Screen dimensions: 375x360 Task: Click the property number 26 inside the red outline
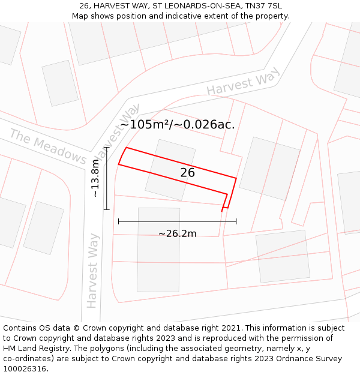(187, 173)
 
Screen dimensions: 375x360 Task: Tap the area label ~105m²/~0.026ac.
(177, 125)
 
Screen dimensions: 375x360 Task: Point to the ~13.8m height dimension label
(95, 178)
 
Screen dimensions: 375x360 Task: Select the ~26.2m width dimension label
(177, 233)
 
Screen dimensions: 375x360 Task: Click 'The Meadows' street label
(48, 145)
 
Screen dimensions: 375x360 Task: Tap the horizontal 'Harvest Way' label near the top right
(243, 82)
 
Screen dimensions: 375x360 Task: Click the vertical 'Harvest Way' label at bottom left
(92, 270)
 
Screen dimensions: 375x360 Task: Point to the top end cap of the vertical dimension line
(106, 147)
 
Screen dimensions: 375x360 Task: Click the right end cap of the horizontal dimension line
(236, 221)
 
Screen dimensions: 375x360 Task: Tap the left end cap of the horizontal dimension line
(119, 221)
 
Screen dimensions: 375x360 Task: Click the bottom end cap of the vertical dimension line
(106, 209)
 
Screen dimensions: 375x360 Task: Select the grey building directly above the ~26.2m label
(158, 249)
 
